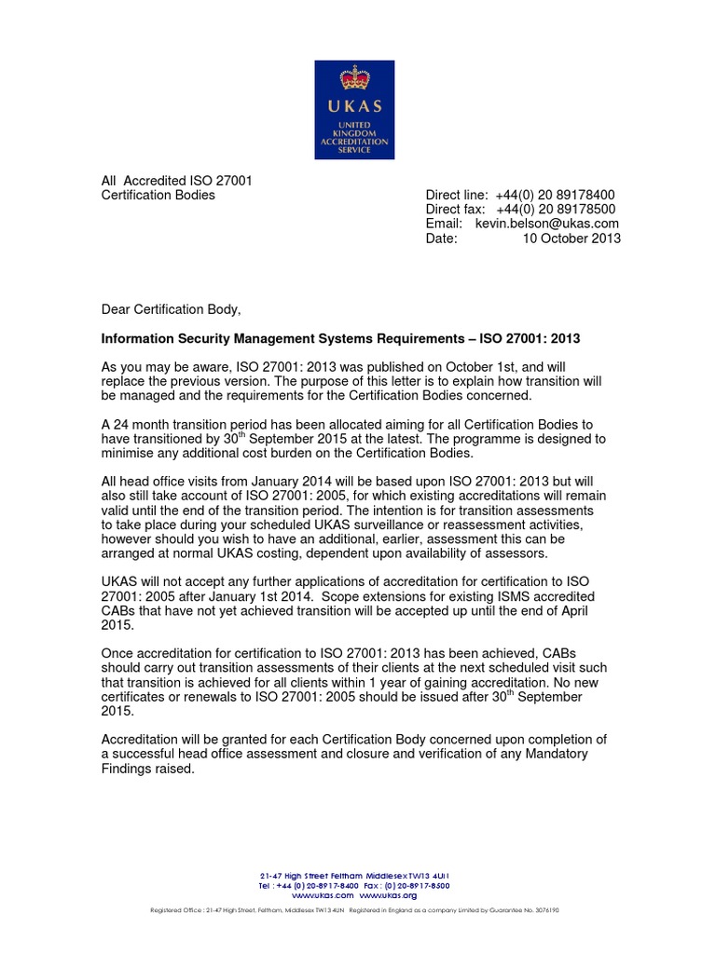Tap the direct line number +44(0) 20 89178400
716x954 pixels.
tap(557, 194)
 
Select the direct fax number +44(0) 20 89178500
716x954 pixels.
tap(557, 209)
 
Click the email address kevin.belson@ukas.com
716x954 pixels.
tap(546, 224)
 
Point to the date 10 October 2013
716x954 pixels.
tap(571, 238)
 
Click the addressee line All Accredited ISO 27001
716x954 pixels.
tap(176, 180)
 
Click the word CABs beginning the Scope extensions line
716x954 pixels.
tap(119, 611)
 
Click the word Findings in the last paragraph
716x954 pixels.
tap(127, 770)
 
